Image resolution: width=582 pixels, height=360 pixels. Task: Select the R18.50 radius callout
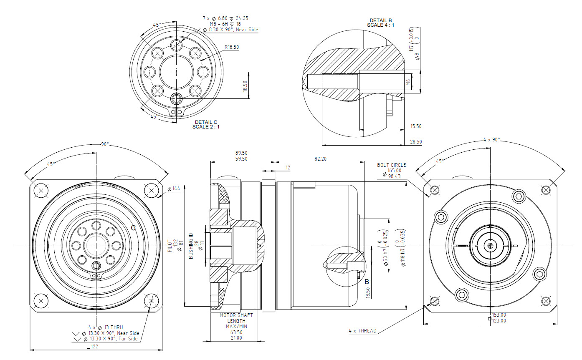(x=231, y=48)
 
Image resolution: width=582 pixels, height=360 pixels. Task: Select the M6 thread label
(x=408, y=82)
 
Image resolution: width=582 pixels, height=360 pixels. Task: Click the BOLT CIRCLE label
(x=391, y=165)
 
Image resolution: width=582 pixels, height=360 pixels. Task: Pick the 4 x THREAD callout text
(x=362, y=331)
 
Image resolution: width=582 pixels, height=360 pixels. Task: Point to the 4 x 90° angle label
(x=491, y=140)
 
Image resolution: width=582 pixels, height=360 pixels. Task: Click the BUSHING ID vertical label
(x=191, y=246)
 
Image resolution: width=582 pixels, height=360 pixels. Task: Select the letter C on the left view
(x=133, y=228)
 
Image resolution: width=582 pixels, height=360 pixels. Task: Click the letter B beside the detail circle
(x=367, y=282)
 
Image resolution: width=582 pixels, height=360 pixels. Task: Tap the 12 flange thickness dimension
(x=288, y=168)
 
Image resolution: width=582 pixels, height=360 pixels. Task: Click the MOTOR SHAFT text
(x=236, y=315)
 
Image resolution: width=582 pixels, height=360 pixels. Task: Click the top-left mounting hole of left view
(x=40, y=191)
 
